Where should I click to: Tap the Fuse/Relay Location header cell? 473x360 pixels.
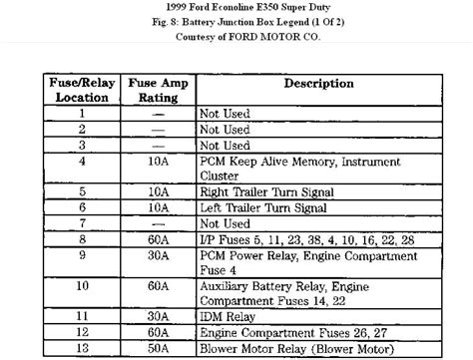(83, 91)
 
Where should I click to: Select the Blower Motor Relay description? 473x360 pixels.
(300, 348)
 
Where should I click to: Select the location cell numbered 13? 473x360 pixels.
(83, 348)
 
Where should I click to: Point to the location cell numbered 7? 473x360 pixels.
(83, 223)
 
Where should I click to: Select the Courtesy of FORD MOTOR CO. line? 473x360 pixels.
(236, 38)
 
